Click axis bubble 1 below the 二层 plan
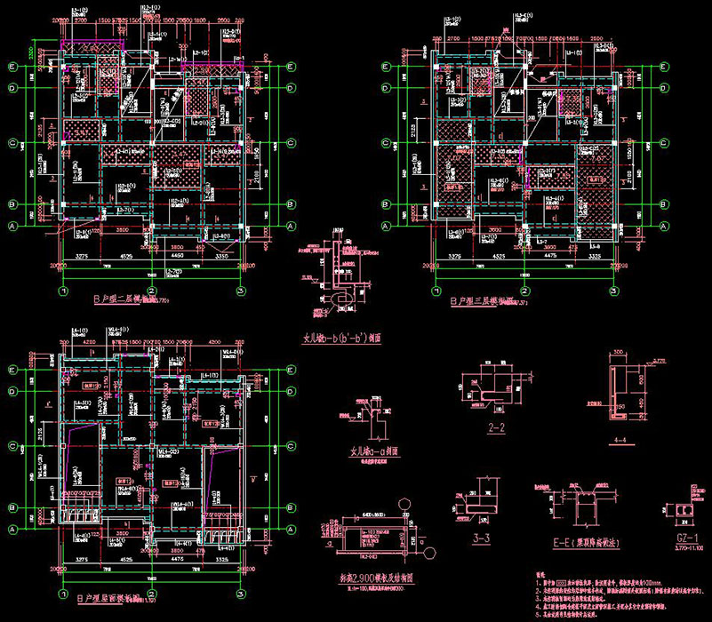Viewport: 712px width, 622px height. click(x=62, y=290)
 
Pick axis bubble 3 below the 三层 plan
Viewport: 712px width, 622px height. click(x=612, y=290)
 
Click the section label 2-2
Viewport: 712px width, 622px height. click(x=497, y=429)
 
